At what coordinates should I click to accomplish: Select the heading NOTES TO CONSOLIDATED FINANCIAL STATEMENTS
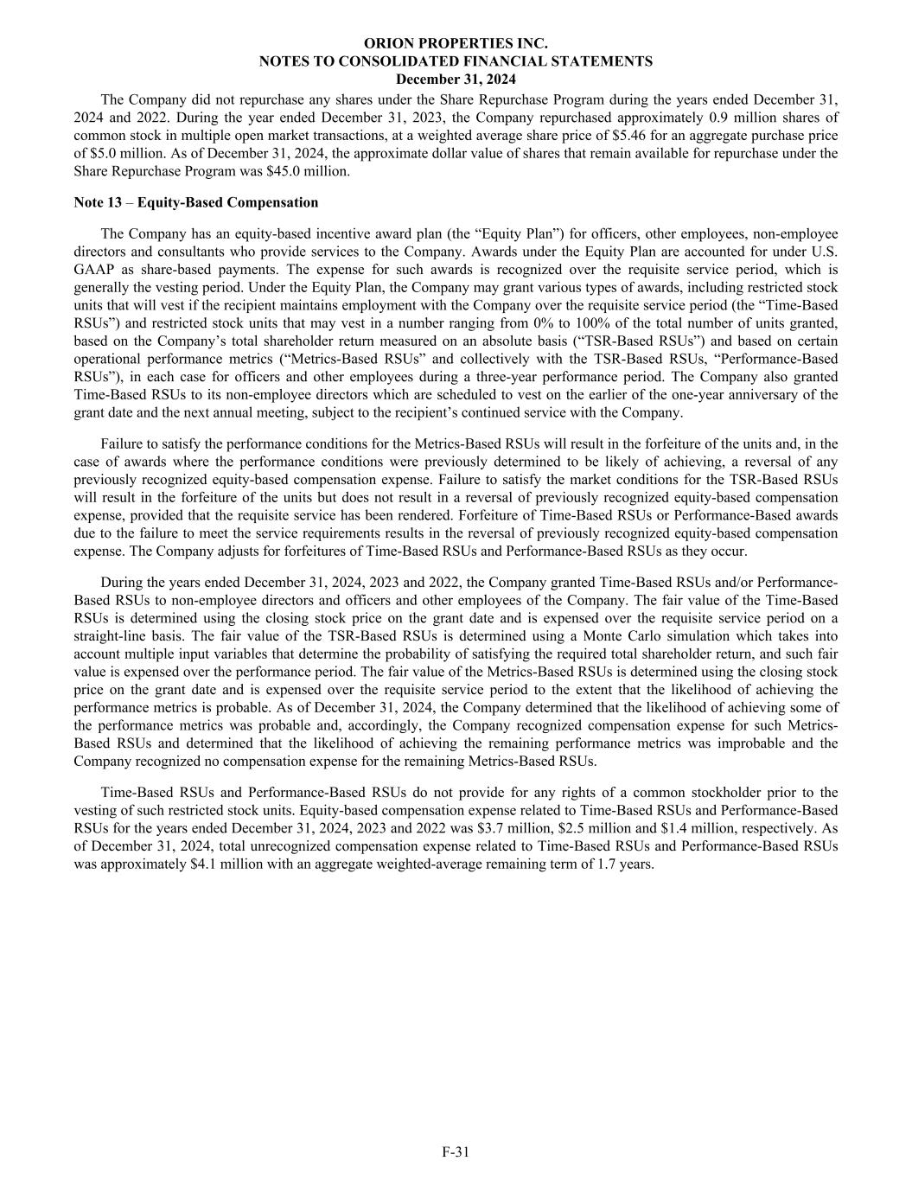pos(456,61)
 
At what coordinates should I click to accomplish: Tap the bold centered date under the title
pos(456,80)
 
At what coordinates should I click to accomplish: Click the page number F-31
pos(456,1151)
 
